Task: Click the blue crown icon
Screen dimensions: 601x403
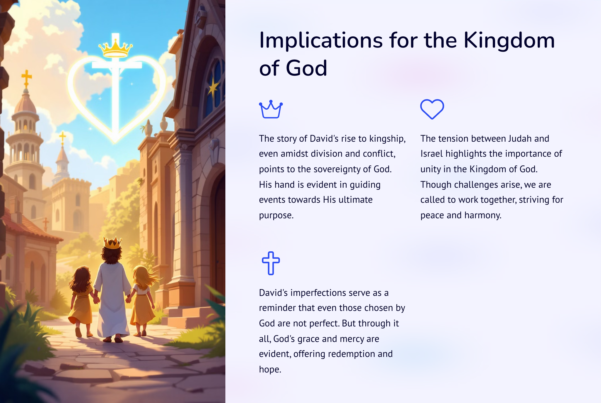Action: [271, 109]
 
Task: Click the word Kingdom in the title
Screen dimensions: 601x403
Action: [509, 40]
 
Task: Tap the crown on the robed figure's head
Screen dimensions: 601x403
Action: [112, 243]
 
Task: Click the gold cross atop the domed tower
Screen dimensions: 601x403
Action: [26, 78]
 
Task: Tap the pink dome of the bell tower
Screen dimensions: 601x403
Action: [26, 104]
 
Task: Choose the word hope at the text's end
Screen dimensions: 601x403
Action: [270, 370]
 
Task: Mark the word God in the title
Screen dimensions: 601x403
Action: [306, 68]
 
